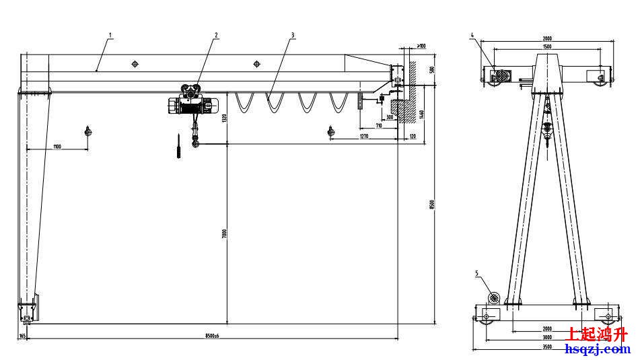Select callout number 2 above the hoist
point(217,34)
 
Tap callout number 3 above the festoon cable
point(293,34)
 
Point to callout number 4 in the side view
point(473,34)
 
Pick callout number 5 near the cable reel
point(476,273)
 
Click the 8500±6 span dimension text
point(212,334)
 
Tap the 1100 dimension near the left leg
point(57,146)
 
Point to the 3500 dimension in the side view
point(546,347)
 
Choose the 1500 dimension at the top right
point(546,47)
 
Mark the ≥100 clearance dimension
point(421,46)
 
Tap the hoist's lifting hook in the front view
point(196,142)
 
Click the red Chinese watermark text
point(598,334)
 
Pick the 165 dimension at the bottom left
point(22,334)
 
